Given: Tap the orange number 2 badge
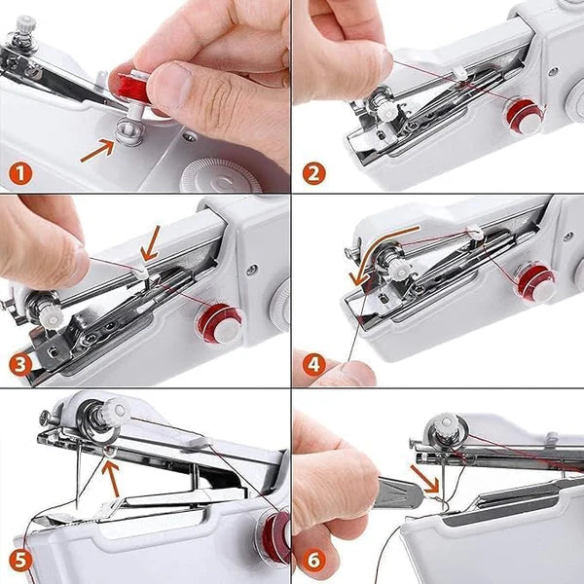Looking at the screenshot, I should pos(313,175).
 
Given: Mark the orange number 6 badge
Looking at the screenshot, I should pos(313,560).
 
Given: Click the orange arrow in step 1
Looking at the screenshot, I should pos(98,148).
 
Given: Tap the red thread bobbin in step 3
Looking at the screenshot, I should pos(220,323).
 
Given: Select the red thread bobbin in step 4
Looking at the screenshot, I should pos(535,282).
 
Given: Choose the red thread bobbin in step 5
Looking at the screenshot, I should pos(274,538).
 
